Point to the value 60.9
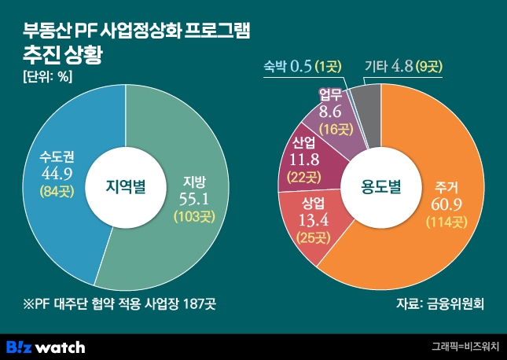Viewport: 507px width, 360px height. (x=446, y=205)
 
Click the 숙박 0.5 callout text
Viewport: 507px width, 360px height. (x=288, y=67)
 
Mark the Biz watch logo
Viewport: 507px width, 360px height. (x=46, y=346)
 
